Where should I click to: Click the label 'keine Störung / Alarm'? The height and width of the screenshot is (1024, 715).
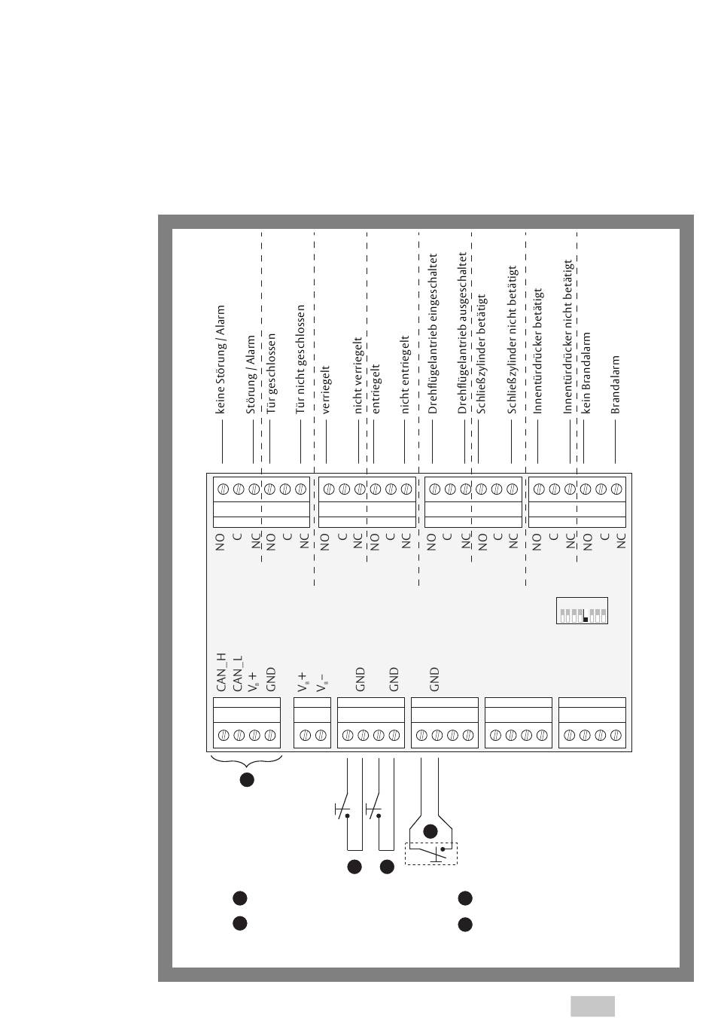(221, 359)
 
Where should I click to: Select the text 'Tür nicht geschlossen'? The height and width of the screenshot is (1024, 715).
(300, 359)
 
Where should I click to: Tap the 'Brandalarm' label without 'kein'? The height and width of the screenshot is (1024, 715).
(615, 385)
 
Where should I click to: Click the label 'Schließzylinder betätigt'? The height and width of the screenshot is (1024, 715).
(482, 355)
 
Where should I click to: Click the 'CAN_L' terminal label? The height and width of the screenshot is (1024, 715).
(238, 674)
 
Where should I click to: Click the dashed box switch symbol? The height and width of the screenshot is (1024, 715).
(431, 852)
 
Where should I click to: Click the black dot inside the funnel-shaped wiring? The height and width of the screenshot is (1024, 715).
(431, 831)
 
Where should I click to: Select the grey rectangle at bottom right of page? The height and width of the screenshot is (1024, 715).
(592, 1006)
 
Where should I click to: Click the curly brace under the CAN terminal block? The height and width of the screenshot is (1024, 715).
(247, 761)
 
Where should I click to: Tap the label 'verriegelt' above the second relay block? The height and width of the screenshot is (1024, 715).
(326, 389)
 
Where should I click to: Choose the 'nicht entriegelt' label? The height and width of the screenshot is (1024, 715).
(405, 375)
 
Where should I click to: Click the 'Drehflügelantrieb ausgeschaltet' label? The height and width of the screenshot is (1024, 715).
(463, 333)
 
